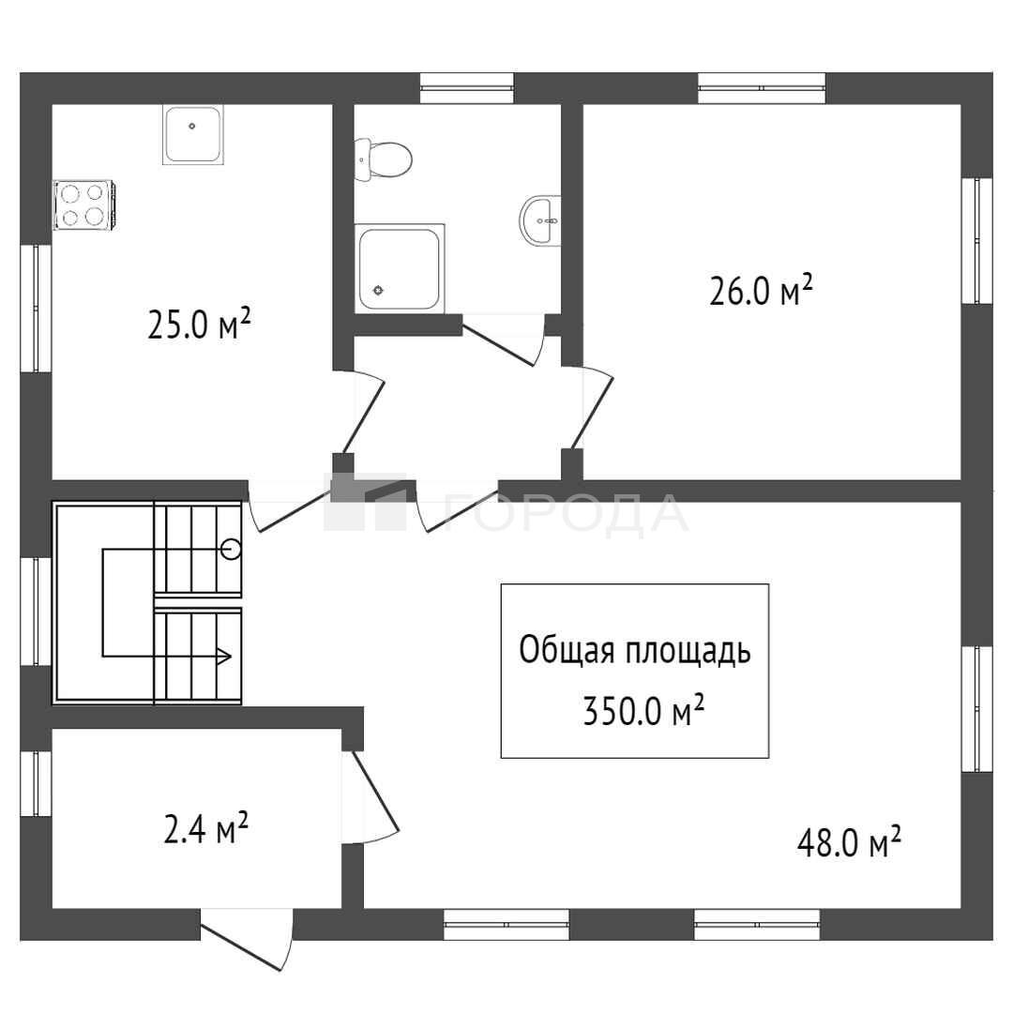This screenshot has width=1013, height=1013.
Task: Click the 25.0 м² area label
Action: click(199, 325)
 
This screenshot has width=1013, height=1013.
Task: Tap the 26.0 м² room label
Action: click(761, 291)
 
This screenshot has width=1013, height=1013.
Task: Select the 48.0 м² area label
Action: click(849, 841)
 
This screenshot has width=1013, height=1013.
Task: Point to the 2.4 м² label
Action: click(206, 829)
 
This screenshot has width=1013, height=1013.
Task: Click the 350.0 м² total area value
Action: click(643, 711)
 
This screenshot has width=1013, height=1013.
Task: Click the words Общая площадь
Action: click(635, 651)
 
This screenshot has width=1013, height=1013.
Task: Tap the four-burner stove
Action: click(84, 204)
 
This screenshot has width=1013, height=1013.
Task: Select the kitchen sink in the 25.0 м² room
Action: click(192, 135)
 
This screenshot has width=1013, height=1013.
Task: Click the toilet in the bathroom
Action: click(383, 159)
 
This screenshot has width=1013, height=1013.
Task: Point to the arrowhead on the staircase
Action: click(224, 657)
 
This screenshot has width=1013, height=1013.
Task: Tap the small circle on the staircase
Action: click(231, 550)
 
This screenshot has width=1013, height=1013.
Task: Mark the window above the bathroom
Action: click(467, 88)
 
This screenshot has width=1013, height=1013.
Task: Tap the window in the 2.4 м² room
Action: click(36, 783)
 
